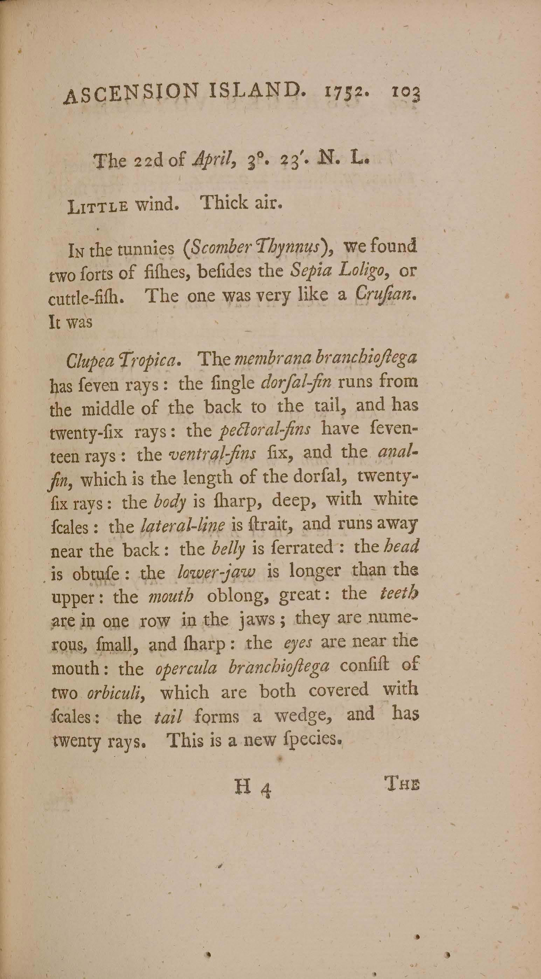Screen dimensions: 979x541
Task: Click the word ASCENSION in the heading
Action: (x=130, y=93)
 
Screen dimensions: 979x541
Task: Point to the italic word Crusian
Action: (x=384, y=295)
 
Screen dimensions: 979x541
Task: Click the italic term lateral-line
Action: (x=183, y=526)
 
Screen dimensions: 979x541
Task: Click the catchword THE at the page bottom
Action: (x=402, y=784)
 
